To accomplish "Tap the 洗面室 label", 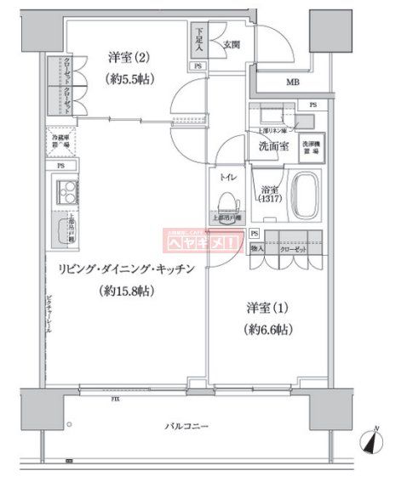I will pyautogui.click(x=272, y=146).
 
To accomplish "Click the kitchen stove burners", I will pyautogui.click(x=66, y=195).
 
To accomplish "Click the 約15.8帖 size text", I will pyautogui.click(x=130, y=290).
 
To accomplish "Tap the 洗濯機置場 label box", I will pyautogui.click(x=309, y=145).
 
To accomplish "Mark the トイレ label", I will pyautogui.click(x=226, y=179).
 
